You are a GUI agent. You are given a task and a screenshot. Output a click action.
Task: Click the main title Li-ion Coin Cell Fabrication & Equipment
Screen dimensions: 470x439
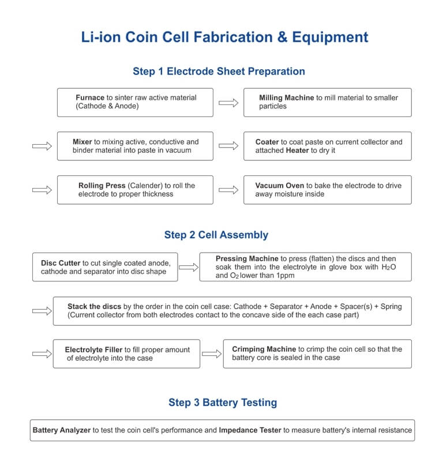click(224, 37)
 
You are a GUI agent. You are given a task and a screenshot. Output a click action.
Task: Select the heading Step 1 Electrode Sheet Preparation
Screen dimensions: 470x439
click(219, 72)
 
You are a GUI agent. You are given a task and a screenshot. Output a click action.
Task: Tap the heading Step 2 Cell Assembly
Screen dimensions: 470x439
click(216, 235)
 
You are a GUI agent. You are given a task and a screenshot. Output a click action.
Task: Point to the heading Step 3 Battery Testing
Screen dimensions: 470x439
click(223, 402)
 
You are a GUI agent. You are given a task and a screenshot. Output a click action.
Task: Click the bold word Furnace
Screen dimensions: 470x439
click(90, 97)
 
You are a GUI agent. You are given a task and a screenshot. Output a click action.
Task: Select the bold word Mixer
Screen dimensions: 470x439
click(82, 142)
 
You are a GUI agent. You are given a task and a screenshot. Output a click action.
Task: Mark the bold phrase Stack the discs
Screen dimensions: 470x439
click(92, 306)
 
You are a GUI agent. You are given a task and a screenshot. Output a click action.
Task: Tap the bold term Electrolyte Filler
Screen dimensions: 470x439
click(93, 349)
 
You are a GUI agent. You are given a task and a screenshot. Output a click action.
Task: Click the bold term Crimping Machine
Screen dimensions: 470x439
click(264, 349)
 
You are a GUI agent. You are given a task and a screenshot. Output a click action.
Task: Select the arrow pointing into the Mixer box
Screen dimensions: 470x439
click(42, 146)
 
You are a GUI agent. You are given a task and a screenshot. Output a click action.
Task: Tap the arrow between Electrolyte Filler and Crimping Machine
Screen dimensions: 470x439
click(212, 354)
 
